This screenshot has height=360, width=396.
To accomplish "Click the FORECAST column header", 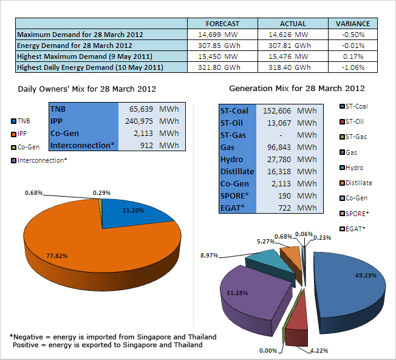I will point(222,24).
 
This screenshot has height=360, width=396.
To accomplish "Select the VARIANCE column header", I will point(352,24).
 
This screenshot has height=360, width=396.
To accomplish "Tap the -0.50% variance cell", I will point(352,35).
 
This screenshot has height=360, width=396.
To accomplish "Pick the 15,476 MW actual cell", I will point(289,56).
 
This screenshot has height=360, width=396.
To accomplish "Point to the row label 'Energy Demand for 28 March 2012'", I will point(75,46).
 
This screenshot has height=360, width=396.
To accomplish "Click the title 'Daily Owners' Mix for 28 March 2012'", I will point(87,89).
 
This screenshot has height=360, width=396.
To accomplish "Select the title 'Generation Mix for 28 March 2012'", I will point(296,88).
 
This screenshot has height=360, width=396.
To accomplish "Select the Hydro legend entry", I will point(353,168).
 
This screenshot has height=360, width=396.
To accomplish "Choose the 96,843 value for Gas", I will point(280,148).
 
